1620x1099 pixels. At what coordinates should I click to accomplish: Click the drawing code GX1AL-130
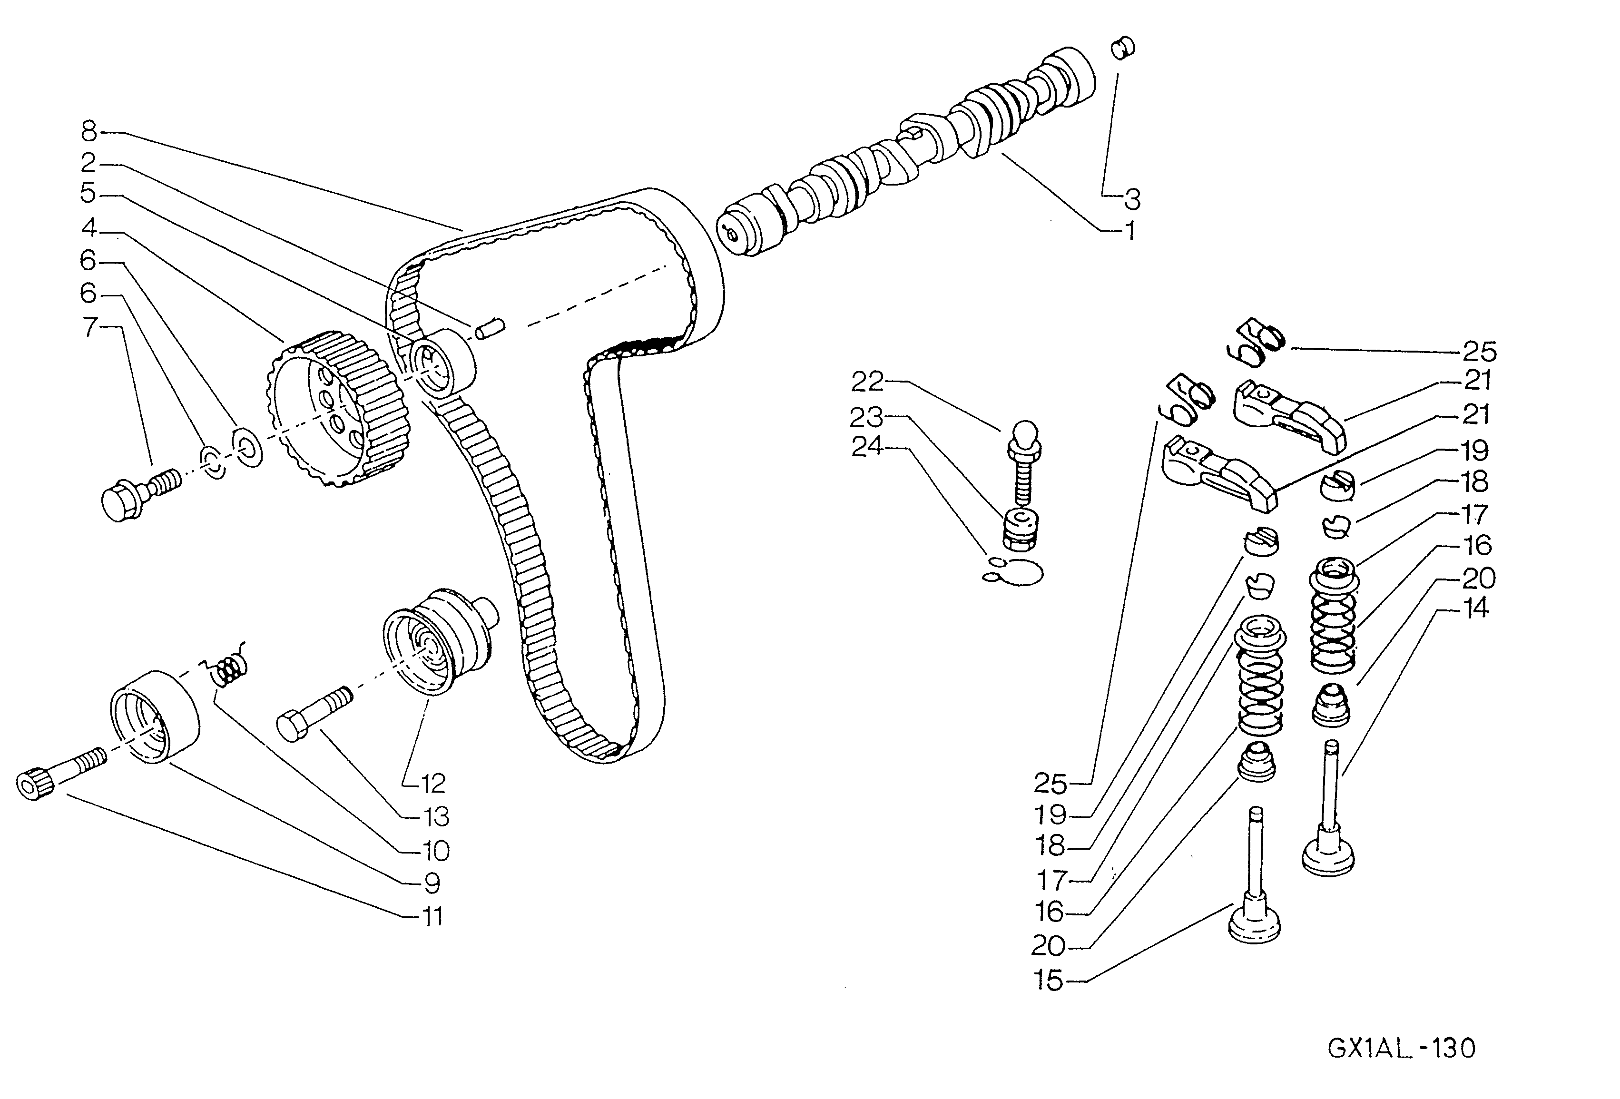pos(1401,1048)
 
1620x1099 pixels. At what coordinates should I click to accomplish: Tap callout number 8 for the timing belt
pos(89,130)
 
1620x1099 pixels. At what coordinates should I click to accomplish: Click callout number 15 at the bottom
pos(1049,981)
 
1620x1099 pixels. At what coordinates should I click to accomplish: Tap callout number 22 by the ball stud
pos(867,382)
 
